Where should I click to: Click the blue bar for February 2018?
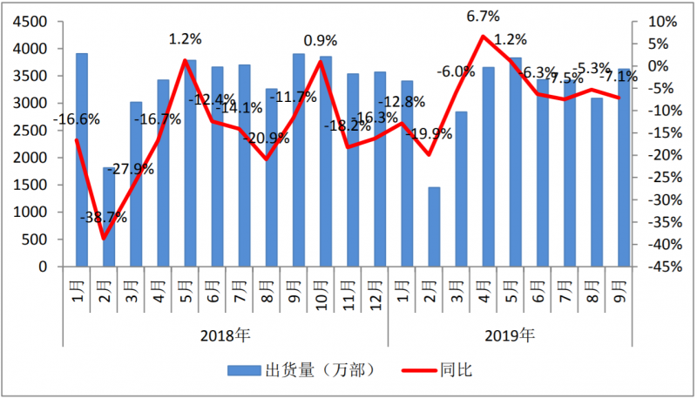click(108, 217)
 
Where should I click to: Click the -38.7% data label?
click(103, 218)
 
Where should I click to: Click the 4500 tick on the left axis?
click(31, 22)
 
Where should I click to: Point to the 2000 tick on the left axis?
click(31, 158)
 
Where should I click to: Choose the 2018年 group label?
click(225, 335)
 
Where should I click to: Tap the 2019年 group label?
click(512, 335)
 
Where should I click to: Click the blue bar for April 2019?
click(488, 166)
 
